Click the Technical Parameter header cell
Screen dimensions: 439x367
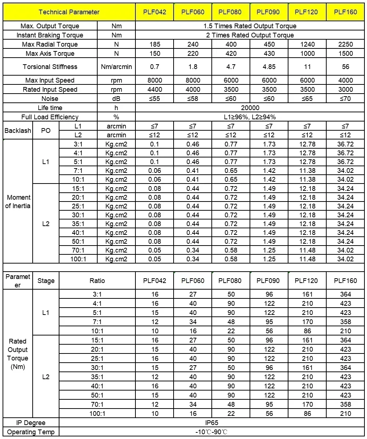[x=69, y=12]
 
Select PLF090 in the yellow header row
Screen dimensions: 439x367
[x=268, y=12]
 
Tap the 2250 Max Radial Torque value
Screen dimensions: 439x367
[x=345, y=44]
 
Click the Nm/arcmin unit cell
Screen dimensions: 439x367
[x=116, y=67]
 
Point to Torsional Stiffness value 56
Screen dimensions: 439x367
[x=345, y=67]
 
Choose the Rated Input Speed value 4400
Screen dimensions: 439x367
[x=155, y=90]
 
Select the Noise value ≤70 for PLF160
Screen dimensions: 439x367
[x=345, y=99]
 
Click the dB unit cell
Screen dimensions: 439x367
[x=116, y=99]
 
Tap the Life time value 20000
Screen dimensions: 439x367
[x=250, y=108]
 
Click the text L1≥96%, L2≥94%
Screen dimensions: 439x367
[x=250, y=117]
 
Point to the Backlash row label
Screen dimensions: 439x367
[x=18, y=131]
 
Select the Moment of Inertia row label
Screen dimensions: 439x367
[x=18, y=202]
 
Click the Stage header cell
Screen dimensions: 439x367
[x=46, y=281]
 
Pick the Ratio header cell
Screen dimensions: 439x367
[x=97, y=281]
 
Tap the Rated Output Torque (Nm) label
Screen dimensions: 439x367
[x=18, y=354]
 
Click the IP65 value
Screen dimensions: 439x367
[x=212, y=423]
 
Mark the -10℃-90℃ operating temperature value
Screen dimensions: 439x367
[x=212, y=432]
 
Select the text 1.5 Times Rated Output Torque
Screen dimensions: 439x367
[x=250, y=26]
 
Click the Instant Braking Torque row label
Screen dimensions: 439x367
[x=50, y=35]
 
